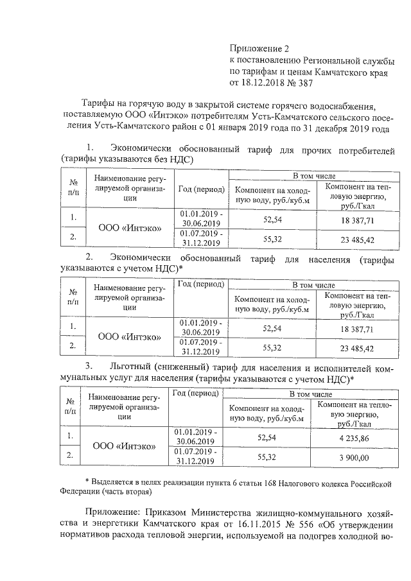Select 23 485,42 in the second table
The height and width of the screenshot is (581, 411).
pyautogui.click(x=352, y=349)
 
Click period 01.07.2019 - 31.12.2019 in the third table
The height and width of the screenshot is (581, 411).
pyautogui.click(x=195, y=456)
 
